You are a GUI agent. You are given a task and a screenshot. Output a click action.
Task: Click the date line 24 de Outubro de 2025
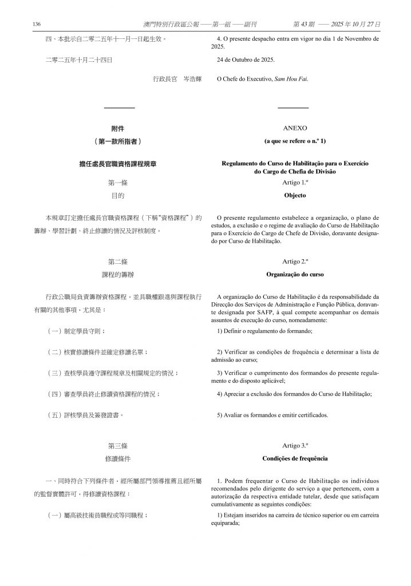point(246,60)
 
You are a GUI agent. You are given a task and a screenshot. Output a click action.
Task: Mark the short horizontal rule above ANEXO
point(293,108)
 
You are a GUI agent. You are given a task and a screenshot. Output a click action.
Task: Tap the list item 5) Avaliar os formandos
point(272,415)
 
